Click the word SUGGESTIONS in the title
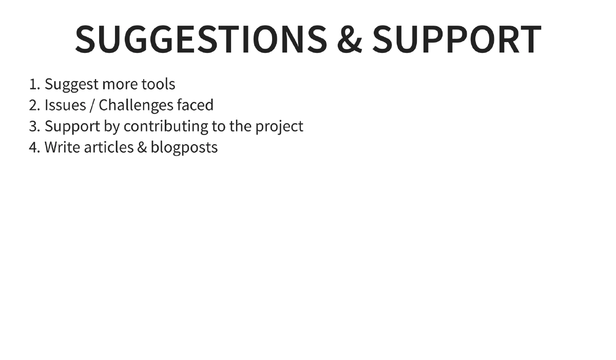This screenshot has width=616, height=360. (x=201, y=39)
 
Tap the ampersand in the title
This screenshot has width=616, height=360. (x=349, y=40)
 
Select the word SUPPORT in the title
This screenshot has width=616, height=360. (x=456, y=39)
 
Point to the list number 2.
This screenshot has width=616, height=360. (x=34, y=105)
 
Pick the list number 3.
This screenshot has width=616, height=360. (x=34, y=126)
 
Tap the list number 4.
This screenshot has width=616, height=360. (x=34, y=147)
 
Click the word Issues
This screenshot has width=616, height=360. (x=65, y=105)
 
